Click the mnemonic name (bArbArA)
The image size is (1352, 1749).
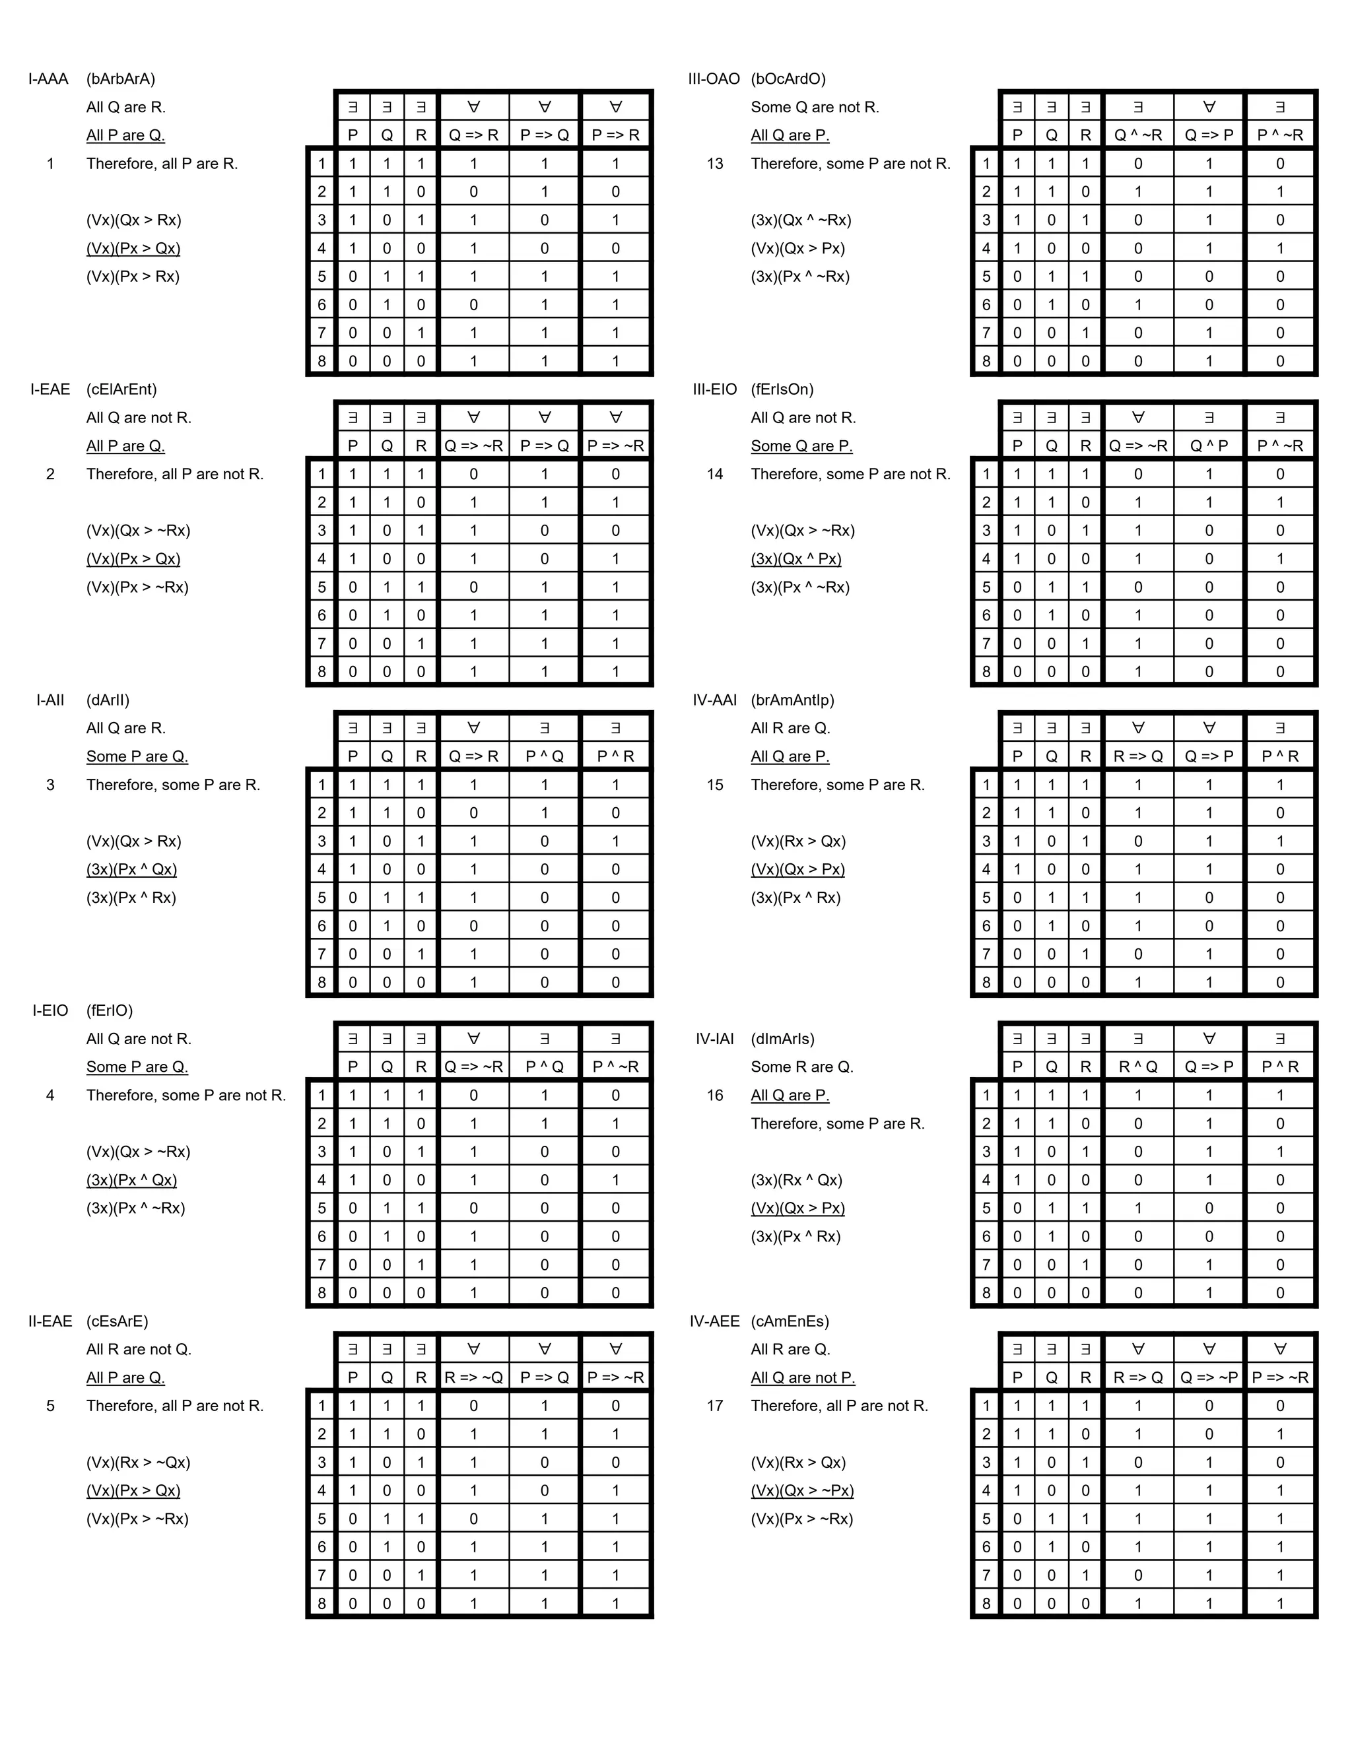121,79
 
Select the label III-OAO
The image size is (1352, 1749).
714,79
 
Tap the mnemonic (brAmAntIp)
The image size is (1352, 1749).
792,700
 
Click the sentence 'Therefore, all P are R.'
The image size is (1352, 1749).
162,164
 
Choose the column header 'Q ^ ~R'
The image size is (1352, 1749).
1137,135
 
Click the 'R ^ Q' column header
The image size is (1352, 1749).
1137,1067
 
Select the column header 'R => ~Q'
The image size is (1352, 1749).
473,1377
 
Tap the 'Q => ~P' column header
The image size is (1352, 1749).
1209,1377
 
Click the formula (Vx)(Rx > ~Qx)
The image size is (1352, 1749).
138,1463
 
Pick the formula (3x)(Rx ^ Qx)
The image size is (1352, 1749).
796,1179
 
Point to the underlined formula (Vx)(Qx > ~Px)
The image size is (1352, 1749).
801,1490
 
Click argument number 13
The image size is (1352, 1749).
714,164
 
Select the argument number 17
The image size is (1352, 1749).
714,1405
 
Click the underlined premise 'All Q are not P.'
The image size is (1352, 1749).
803,1377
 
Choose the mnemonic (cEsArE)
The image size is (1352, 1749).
117,1321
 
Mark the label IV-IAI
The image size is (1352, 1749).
714,1039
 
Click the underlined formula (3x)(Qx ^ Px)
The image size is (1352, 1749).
796,559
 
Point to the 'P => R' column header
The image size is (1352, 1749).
615,135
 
